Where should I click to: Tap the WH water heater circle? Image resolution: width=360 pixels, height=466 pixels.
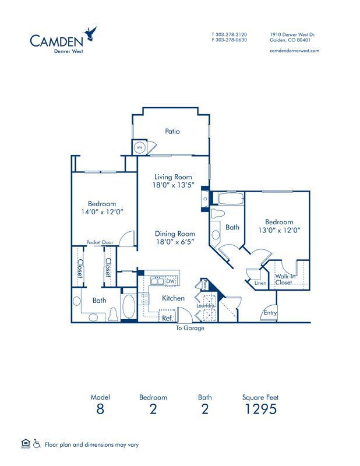click(140, 148)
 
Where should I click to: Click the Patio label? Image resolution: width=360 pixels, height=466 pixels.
click(172, 132)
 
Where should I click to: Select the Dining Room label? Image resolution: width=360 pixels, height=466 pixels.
click(174, 233)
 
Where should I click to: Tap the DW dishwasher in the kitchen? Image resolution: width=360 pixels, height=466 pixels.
click(171, 281)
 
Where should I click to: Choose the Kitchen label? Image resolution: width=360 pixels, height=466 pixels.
click(173, 298)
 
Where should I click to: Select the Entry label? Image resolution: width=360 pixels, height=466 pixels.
click(270, 313)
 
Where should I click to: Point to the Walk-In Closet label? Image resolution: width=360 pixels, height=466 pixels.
click(284, 279)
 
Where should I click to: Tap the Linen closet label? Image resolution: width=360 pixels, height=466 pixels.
click(260, 283)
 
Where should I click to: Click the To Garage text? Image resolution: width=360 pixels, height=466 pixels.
click(190, 328)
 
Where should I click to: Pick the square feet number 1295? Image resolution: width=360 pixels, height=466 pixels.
click(260, 409)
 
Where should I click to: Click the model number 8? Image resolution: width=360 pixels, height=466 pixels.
click(100, 409)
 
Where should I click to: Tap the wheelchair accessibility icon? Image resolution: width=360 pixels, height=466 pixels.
click(37, 444)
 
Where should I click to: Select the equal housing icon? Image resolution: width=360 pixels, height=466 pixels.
click(25, 444)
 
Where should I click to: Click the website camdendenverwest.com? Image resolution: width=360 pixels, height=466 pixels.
click(295, 51)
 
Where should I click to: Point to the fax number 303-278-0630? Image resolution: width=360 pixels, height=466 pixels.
click(234, 40)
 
